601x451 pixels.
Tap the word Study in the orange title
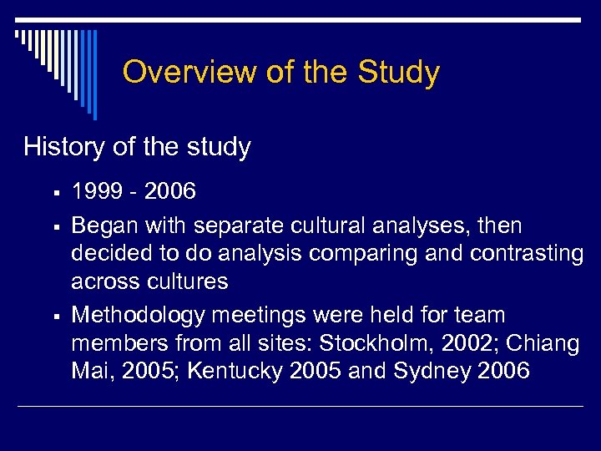click(x=398, y=73)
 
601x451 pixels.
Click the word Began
click(x=105, y=225)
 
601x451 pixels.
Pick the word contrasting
click(x=513, y=253)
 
